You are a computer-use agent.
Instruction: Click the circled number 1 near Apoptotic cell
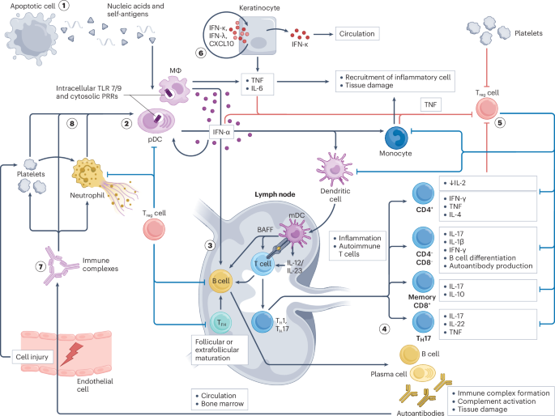point(64,6)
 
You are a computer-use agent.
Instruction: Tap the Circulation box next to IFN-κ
point(357,34)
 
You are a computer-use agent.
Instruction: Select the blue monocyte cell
point(396,138)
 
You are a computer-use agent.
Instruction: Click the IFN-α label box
point(221,133)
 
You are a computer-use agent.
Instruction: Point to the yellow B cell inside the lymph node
point(220,281)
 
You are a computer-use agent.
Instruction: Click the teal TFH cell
point(221,322)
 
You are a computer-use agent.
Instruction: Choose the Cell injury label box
point(32,357)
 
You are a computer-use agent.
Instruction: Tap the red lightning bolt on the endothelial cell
point(71,354)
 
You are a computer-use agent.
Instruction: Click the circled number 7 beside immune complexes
point(41,266)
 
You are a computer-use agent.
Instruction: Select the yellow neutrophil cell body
point(87,173)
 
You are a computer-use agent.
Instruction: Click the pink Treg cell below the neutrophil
point(154,229)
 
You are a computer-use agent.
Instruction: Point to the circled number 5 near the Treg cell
point(500,123)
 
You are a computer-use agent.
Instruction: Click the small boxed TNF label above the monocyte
point(430,104)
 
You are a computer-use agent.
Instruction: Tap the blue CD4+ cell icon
point(423,193)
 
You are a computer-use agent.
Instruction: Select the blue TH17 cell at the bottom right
point(423,322)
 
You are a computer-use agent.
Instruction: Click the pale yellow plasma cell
point(423,373)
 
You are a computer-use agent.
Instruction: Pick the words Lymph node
point(275,194)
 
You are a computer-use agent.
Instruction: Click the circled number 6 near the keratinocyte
point(201,53)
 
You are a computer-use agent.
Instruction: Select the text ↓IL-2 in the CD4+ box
point(457,183)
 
